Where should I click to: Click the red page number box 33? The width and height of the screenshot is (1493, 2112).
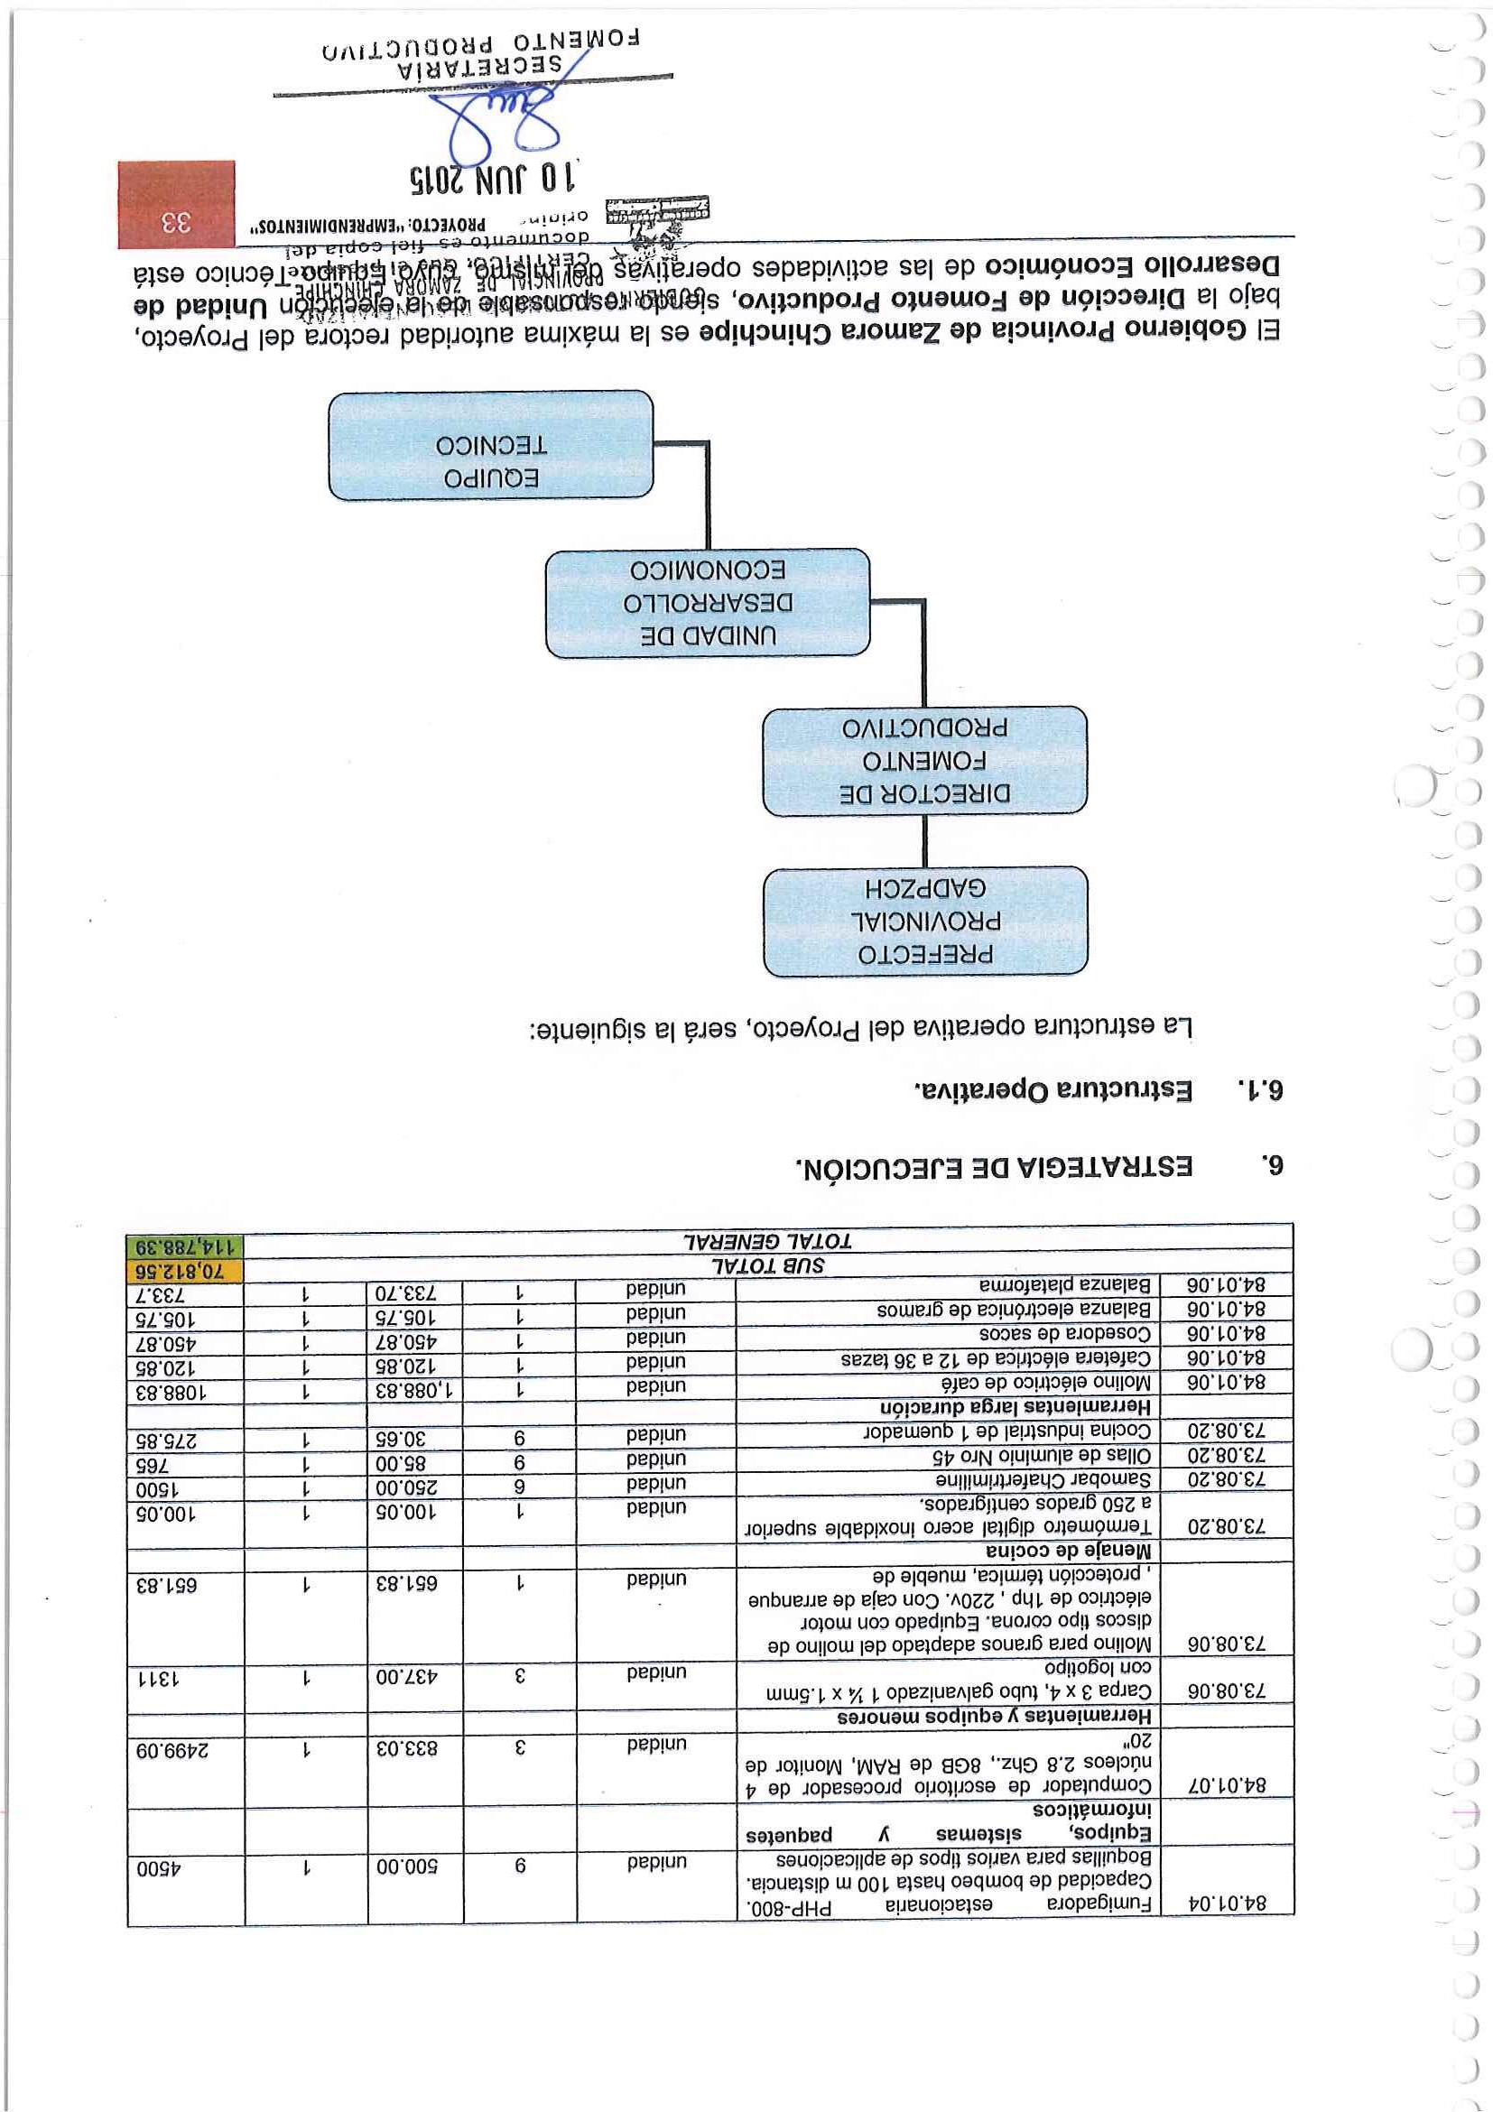(176, 204)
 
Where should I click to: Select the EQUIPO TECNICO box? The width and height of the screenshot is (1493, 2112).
(490, 445)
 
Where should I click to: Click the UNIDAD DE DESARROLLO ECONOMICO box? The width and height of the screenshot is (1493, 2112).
(707, 603)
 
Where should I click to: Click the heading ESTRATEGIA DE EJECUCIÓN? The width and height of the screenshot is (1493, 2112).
(994, 1167)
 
